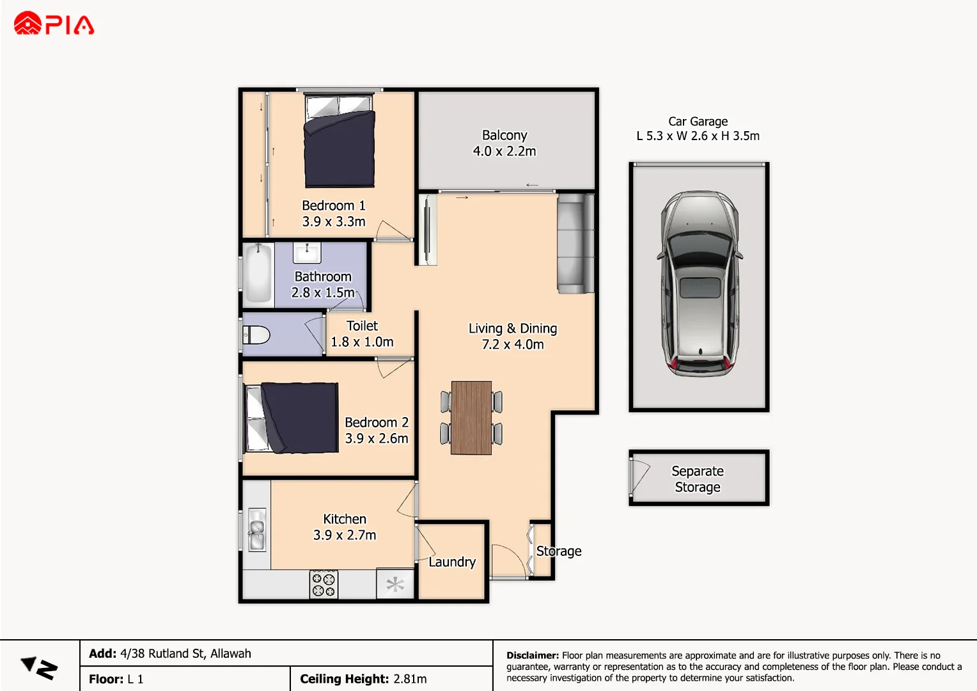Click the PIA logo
click(x=54, y=24)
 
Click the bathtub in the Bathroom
click(x=258, y=273)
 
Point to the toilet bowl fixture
click(x=257, y=335)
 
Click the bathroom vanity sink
click(x=307, y=253)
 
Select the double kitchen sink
click(x=257, y=529)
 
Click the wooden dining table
click(x=471, y=418)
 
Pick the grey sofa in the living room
click(x=574, y=244)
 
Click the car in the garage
click(x=700, y=283)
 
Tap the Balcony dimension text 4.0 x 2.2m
click(x=504, y=152)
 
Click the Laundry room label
click(x=452, y=562)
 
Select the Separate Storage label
click(x=698, y=479)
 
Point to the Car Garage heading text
click(x=698, y=122)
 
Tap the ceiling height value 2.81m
click(x=410, y=679)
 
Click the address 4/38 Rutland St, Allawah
click(x=185, y=653)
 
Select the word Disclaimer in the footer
click(x=532, y=655)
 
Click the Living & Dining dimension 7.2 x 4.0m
click(x=513, y=344)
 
